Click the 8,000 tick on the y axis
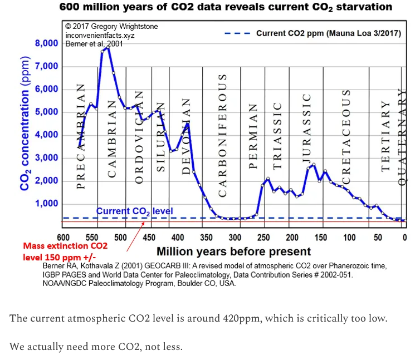tap(46, 43)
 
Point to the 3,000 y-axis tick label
tap(46, 158)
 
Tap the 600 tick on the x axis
tap(64, 238)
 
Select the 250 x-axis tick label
tap(261, 238)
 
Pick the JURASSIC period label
tap(306, 127)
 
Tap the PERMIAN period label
tap(253, 136)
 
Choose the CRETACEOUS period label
tap(346, 137)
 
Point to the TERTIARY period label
tap(385, 136)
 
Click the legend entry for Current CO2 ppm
tap(328, 33)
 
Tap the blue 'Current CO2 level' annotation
tap(134, 211)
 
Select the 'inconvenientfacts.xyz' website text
tap(100, 34)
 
